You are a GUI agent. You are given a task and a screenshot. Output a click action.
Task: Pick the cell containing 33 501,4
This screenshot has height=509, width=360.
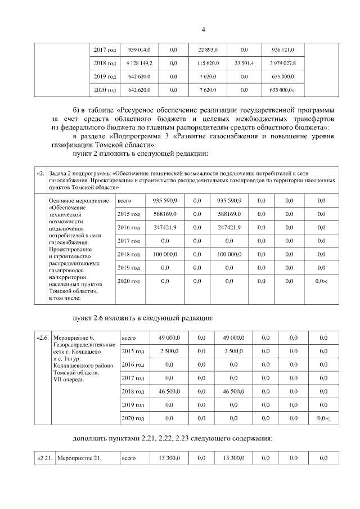244,63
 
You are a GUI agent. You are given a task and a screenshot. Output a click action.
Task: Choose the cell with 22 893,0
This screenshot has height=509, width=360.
208,49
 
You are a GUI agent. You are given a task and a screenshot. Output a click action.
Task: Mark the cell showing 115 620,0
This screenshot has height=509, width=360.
208,63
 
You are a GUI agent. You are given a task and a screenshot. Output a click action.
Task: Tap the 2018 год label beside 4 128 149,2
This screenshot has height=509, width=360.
105,63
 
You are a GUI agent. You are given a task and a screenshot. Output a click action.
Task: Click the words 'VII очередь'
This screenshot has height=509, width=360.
68,380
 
